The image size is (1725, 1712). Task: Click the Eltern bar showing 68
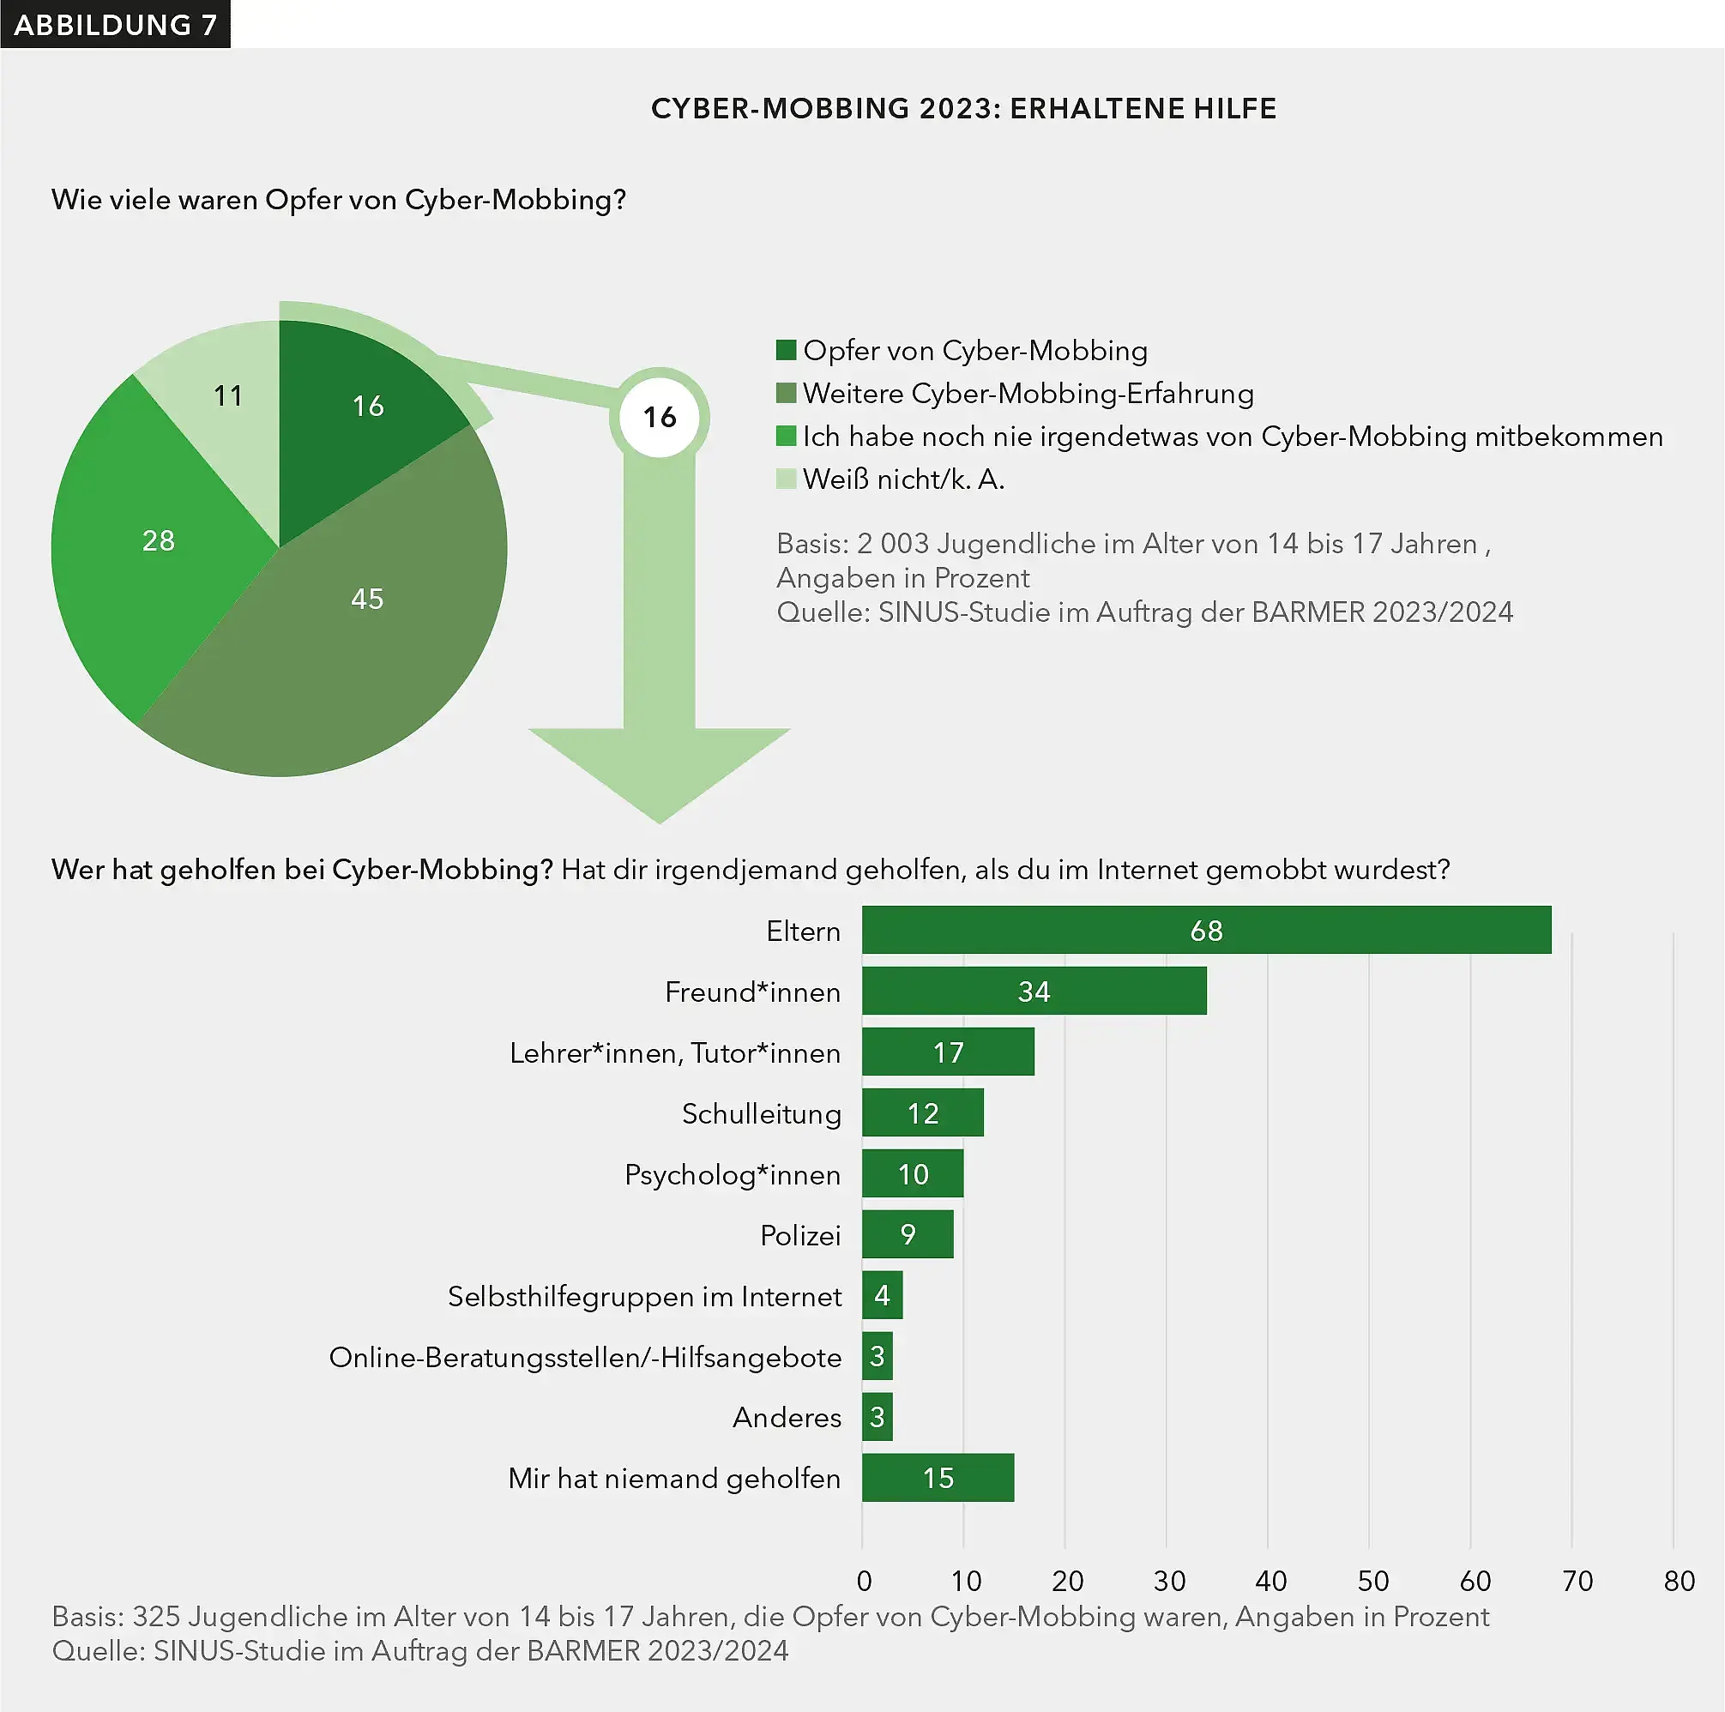pyautogui.click(x=1205, y=930)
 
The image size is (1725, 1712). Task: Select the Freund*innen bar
pyautogui.click(x=1033, y=991)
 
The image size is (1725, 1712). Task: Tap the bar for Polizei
pyautogui.click(x=908, y=1234)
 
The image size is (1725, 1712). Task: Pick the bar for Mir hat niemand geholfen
pyautogui.click(x=938, y=1478)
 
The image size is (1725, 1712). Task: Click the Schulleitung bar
pyautogui.click(x=922, y=1113)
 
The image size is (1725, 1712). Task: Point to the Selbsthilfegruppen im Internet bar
pyautogui.click(x=882, y=1295)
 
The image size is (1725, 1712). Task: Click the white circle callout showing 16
pyautogui.click(x=660, y=417)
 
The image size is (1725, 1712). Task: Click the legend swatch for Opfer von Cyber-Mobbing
pyautogui.click(x=786, y=350)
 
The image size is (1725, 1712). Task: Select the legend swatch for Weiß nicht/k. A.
pyautogui.click(x=786, y=479)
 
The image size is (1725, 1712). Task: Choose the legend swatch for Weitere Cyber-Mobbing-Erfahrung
pyautogui.click(x=786, y=393)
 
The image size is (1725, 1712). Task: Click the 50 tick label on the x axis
pyautogui.click(x=1372, y=1581)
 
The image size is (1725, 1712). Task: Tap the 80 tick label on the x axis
pyautogui.click(x=1679, y=1581)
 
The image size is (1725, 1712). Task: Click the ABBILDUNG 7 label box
pyautogui.click(x=115, y=24)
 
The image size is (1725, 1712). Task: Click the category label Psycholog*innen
pyautogui.click(x=733, y=1175)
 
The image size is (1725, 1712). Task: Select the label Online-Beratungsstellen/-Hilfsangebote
pyautogui.click(x=585, y=1357)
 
